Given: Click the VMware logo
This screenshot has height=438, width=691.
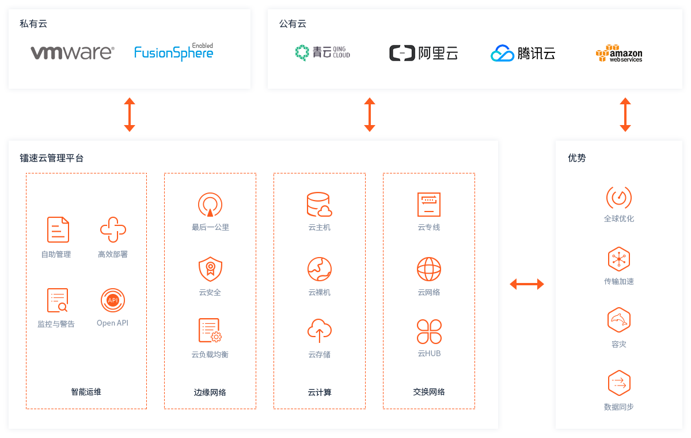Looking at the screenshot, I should coord(72,53).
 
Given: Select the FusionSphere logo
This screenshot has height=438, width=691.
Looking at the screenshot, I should coord(173,52).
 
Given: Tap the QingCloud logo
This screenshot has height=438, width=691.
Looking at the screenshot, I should coord(322,53).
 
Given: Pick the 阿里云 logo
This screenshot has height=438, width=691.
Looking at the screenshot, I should coord(423,54).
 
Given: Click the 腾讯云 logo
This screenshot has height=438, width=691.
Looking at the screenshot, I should coord(523,54).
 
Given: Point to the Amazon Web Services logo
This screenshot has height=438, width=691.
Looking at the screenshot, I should coord(619,54).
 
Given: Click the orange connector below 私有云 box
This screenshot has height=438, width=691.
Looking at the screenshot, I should coord(129,114).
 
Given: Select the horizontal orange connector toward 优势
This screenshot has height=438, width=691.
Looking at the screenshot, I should coord(527,284).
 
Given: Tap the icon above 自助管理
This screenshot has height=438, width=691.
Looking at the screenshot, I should coord(58,229).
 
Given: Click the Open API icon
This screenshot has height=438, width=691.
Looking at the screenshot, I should coord(113,300).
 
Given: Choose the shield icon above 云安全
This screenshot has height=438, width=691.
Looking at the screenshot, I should coord(210,269).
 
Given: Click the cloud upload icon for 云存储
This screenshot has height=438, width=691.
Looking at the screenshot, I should coord(319,331).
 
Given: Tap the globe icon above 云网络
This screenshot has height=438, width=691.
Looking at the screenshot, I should coord(429,269).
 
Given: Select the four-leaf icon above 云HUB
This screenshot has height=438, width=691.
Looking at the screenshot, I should coord(429,331).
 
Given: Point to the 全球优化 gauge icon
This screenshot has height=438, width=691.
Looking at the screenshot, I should coord(619,198).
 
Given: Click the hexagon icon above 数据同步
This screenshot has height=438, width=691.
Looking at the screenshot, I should coord(619,383).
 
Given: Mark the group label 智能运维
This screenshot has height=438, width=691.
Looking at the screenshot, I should coord(86,392).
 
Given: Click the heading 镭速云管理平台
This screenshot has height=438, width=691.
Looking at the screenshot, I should coord(52,158).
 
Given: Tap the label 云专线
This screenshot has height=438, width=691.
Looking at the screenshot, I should coord(429,227).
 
